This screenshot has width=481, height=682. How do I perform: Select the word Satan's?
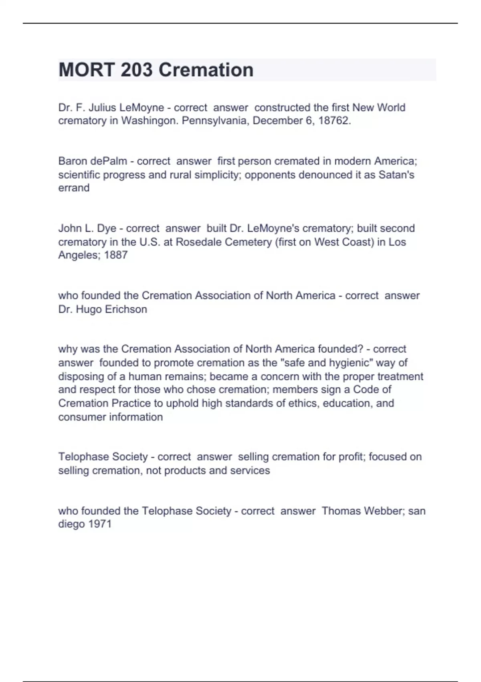[x=396, y=175]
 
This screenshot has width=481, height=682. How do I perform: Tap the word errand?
[x=74, y=188]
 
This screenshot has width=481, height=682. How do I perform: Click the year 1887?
[x=115, y=255]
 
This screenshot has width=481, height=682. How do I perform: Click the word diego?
[x=71, y=524]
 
